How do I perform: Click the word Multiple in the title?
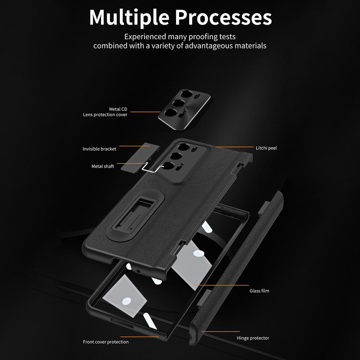129,17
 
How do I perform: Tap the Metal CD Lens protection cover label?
105,112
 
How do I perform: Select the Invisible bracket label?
99,149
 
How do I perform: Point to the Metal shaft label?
103,166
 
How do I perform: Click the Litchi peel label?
266,148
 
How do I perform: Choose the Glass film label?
259,291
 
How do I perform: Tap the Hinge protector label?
253,338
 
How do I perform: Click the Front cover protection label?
105,342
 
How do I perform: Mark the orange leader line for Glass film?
221,285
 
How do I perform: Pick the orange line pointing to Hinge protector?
221,331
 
